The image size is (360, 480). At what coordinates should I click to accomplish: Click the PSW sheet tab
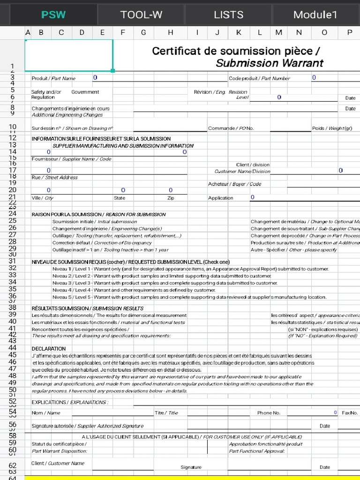tap(53, 15)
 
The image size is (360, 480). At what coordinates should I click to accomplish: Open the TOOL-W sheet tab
tap(141, 15)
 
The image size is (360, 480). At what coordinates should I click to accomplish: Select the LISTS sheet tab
tap(228, 15)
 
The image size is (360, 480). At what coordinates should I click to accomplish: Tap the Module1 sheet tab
tap(315, 15)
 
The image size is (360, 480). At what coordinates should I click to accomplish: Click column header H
tap(171, 32)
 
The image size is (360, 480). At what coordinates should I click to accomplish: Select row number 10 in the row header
tap(12, 127)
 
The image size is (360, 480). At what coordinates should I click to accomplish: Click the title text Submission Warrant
tap(269, 63)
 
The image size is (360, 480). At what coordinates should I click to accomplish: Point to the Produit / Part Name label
tap(53, 78)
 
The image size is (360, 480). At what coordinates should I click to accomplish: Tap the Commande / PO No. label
tap(231, 128)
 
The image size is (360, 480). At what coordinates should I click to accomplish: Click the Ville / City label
tap(42, 198)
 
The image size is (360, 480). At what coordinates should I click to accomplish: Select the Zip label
tap(171, 198)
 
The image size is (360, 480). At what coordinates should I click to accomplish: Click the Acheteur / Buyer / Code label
tap(234, 184)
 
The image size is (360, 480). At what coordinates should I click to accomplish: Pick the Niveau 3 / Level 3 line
tap(165, 283)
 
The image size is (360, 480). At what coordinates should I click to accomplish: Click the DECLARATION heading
tap(49, 349)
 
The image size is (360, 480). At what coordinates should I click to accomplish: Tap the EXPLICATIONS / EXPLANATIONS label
tap(69, 402)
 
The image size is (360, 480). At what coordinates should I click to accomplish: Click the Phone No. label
tap(269, 413)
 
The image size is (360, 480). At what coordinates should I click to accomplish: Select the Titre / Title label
tap(166, 413)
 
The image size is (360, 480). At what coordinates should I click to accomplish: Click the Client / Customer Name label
tap(58, 463)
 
